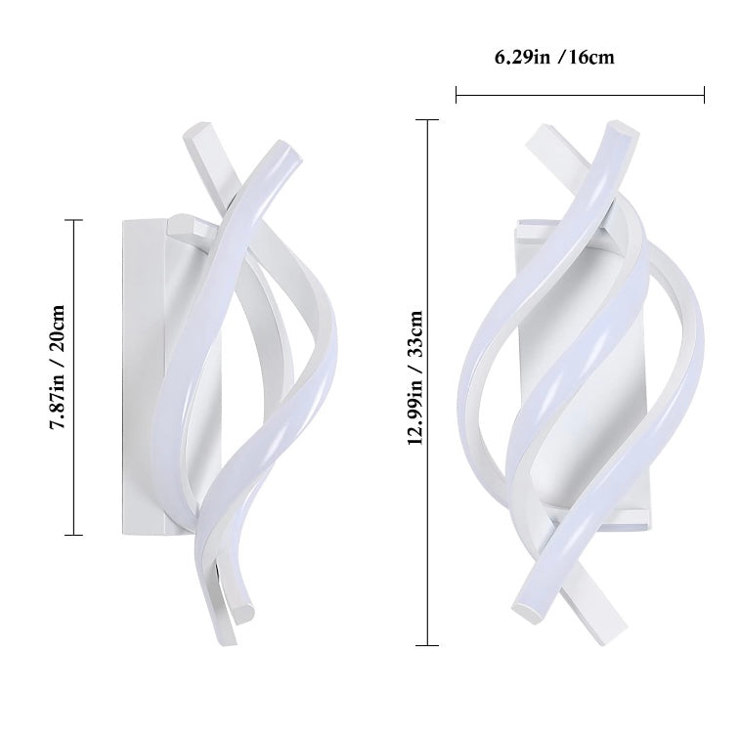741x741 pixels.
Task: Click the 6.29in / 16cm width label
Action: [x=554, y=57]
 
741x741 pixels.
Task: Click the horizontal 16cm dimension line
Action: [x=580, y=95]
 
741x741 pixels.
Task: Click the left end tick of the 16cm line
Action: [x=457, y=95]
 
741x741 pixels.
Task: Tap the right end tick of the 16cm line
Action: [x=704, y=95]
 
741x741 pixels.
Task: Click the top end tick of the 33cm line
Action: [x=426, y=119]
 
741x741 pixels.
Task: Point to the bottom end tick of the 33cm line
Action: [x=426, y=645]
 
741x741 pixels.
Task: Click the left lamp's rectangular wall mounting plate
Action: [x=142, y=376]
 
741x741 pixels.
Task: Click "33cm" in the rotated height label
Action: [x=414, y=335]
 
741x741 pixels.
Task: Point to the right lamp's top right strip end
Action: [x=619, y=128]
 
